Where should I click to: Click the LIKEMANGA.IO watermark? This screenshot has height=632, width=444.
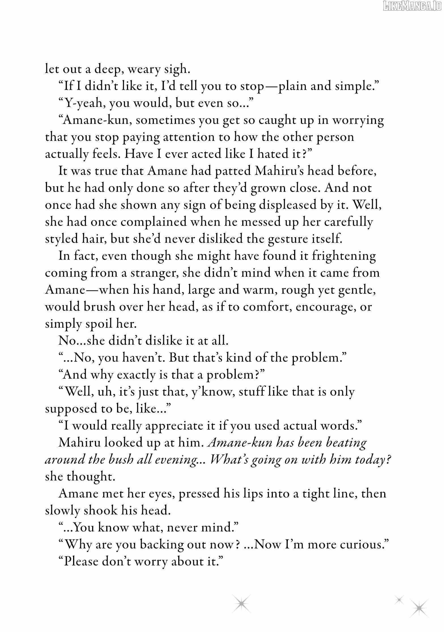click(412, 5)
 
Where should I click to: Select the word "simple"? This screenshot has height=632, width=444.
click(358, 86)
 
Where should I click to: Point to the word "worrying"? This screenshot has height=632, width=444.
click(358, 120)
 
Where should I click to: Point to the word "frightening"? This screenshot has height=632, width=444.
click(344, 256)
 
